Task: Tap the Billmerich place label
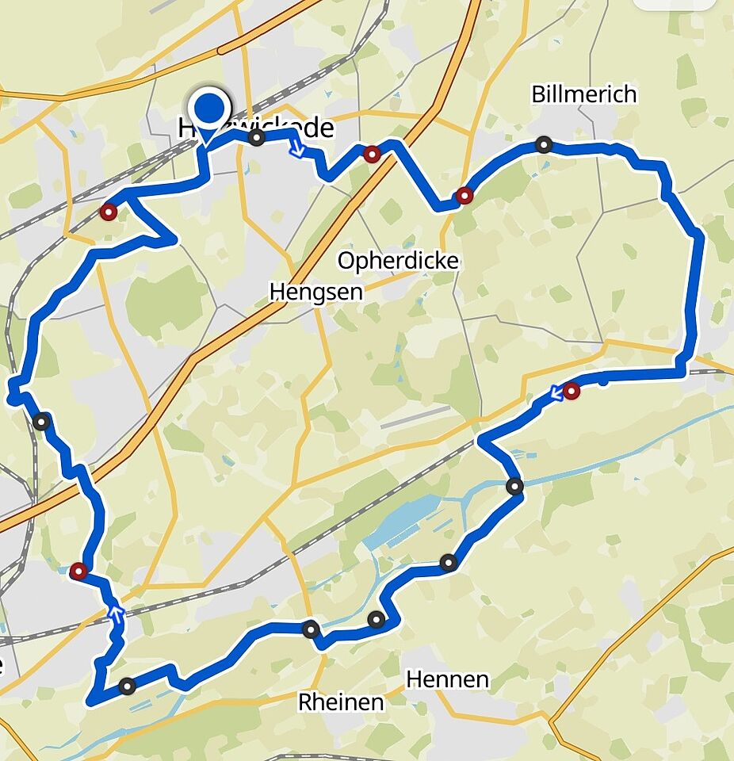583,94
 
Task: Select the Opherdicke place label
398,261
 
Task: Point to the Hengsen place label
315,292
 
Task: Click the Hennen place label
447,679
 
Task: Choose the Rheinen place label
341,702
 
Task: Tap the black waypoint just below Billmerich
543,144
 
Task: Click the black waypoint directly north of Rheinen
311,629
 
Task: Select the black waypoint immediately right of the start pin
257,139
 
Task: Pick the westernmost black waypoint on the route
41,422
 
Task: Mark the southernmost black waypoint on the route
127,685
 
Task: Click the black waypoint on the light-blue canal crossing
515,487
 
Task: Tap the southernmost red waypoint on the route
78,571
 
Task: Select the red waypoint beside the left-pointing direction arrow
572,391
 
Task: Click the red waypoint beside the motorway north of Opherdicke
372,154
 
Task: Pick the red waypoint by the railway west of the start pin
108,212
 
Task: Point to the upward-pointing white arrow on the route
116,612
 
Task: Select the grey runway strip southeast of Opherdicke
416,417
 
